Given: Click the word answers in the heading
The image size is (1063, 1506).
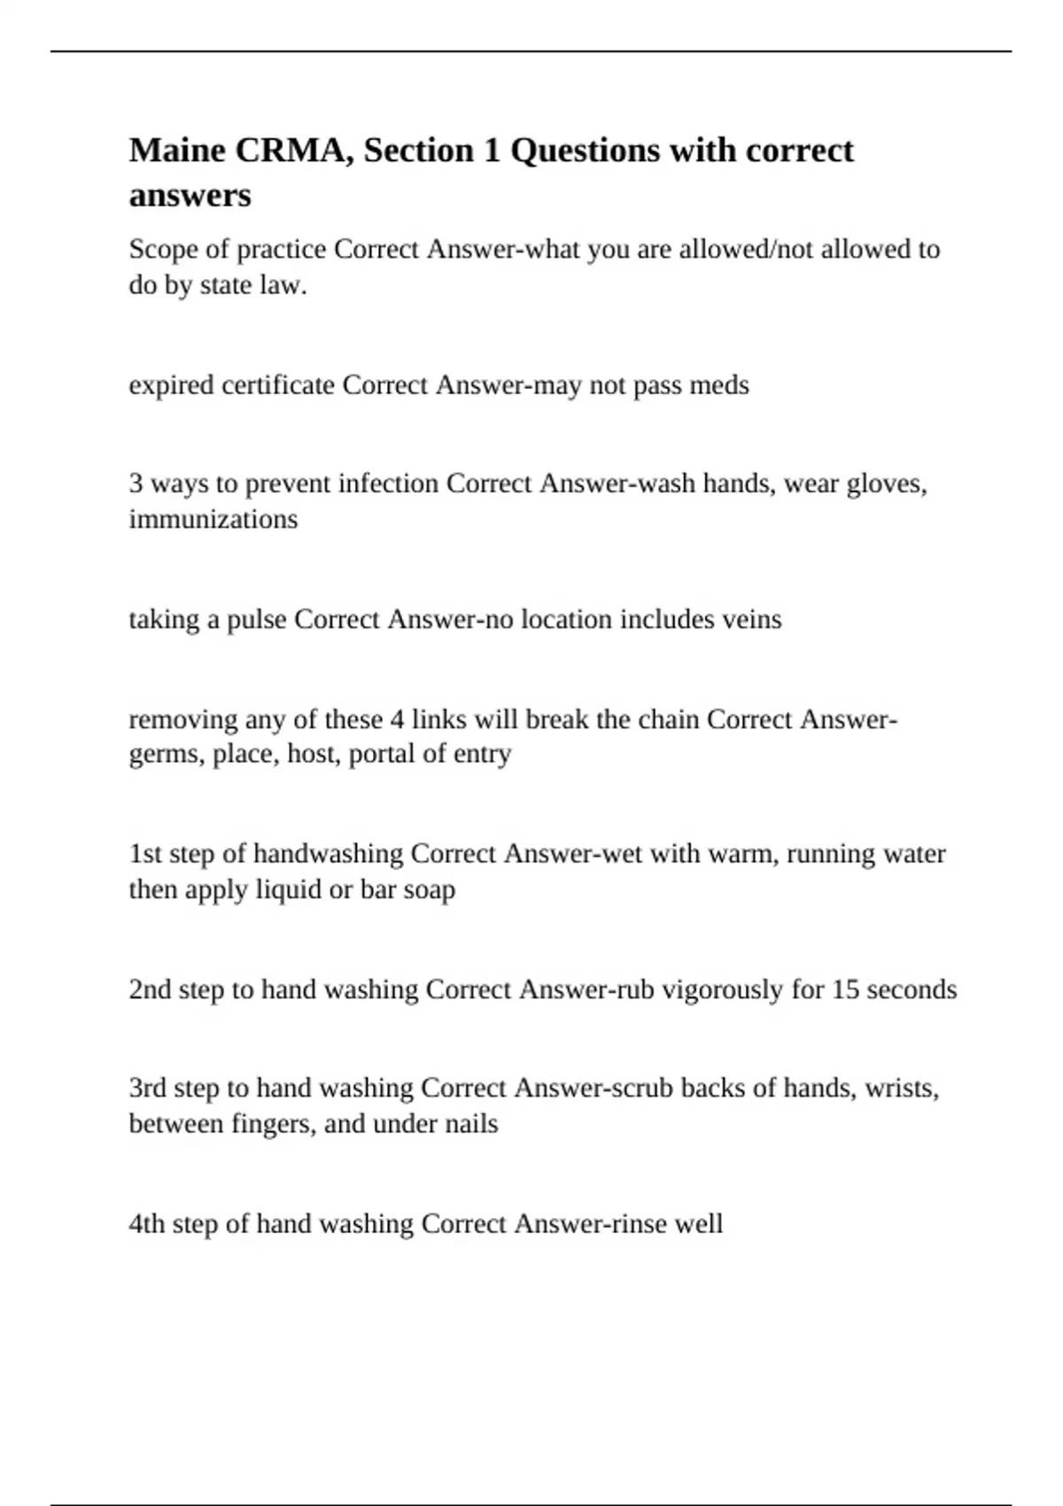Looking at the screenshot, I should tap(190, 196).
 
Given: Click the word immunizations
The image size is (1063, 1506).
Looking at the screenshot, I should tap(213, 519).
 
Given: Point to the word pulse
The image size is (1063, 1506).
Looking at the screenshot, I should tap(257, 619).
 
